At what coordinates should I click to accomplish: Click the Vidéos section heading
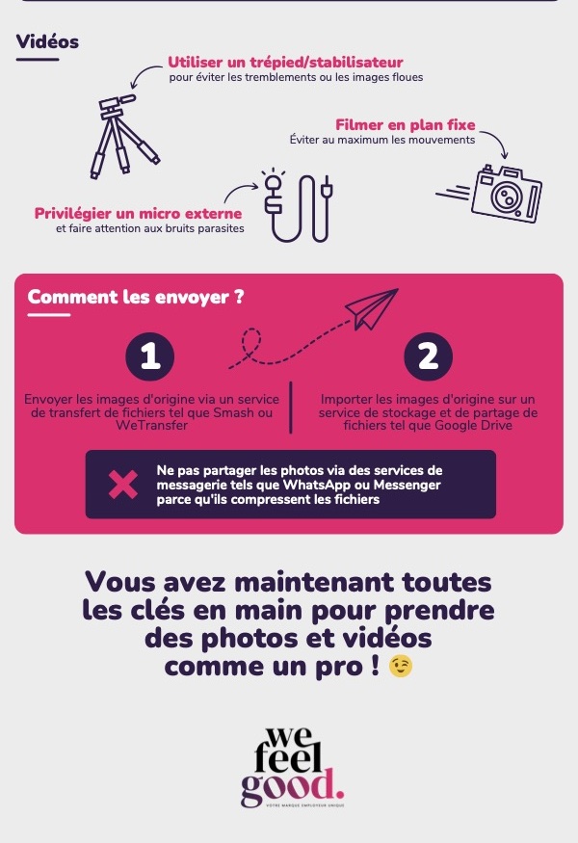click(47, 41)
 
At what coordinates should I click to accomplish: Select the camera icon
click(506, 194)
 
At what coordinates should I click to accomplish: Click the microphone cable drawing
click(299, 207)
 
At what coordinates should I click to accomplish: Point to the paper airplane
click(371, 309)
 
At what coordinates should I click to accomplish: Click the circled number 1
click(150, 356)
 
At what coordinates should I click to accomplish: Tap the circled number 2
click(428, 356)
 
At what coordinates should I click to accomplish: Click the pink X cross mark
click(122, 485)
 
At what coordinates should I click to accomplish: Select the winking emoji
click(401, 666)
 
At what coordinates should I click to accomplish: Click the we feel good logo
click(292, 767)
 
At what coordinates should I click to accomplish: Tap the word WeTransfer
click(151, 425)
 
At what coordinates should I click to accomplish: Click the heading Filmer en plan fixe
click(406, 124)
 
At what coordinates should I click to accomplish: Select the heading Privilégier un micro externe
click(138, 214)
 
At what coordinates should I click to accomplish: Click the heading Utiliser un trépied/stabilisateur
click(285, 62)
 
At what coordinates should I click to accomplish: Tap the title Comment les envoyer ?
click(136, 297)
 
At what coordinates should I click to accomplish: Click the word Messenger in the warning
click(407, 485)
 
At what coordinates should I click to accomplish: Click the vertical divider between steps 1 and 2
click(291, 407)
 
